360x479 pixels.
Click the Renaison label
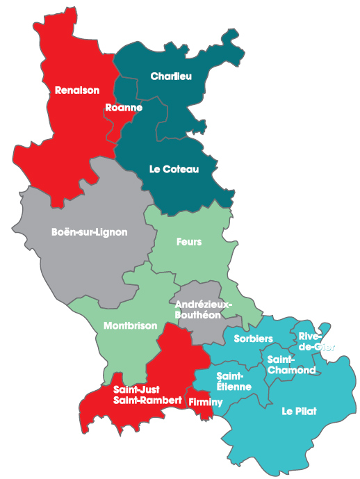77,90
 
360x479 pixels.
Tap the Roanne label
124,108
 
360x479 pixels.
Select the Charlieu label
171,76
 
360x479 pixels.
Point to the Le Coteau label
174,169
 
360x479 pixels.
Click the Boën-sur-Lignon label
90,232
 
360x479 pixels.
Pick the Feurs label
189,242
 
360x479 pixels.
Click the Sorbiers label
253,339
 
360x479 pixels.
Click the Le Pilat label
299,412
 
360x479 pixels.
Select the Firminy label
204,402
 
